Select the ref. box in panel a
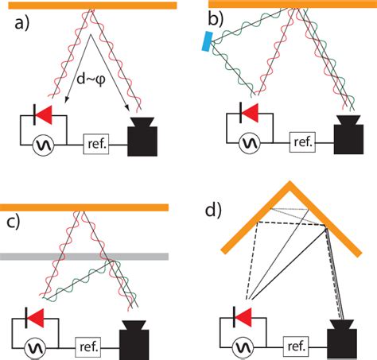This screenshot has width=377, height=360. (97, 145)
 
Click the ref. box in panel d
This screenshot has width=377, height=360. (297, 346)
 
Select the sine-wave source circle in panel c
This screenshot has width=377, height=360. (35, 346)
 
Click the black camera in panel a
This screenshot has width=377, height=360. (144, 138)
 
